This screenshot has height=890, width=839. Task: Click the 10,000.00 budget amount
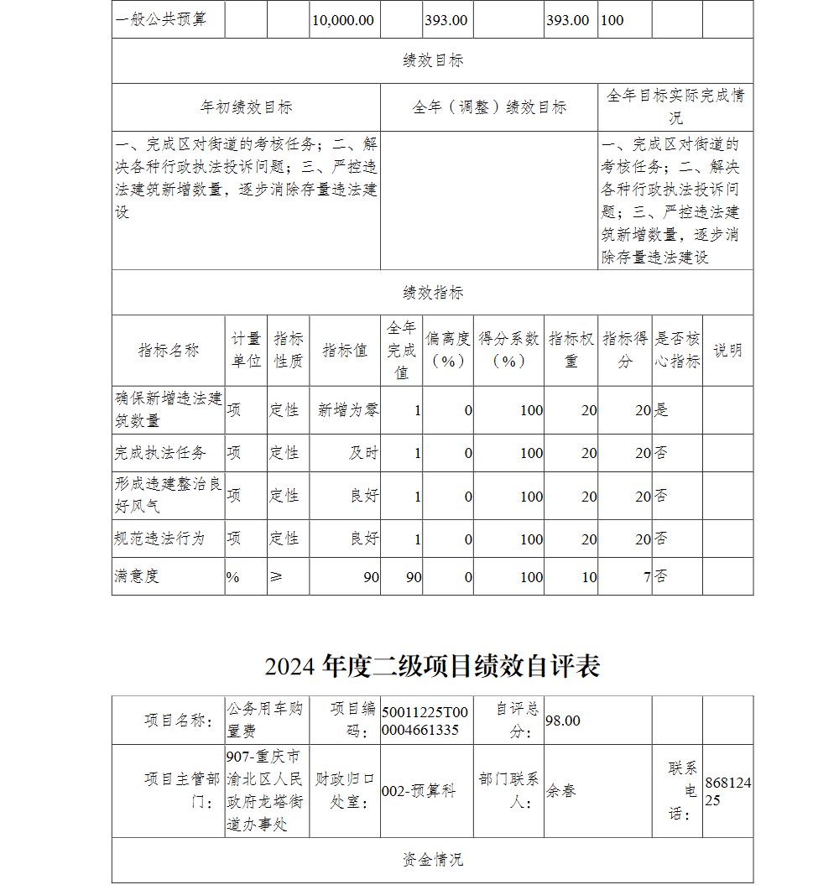pos(343,20)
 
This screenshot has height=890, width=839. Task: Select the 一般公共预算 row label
pos(160,20)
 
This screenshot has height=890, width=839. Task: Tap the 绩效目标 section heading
pos(432,60)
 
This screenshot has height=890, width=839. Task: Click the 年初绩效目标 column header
pos(246,107)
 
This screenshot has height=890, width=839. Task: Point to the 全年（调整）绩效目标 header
pos(489,107)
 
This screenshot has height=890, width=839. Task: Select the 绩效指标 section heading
pos(432,293)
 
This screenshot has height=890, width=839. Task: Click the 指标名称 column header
pos(169,351)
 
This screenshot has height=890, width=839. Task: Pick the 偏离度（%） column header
pos(448,350)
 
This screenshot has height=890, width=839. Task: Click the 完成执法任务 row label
pos(160,453)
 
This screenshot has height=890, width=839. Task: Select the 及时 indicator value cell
pos(364,453)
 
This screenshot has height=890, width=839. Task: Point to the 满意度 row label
pos(137,576)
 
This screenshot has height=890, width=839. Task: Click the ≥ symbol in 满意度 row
pos(275,576)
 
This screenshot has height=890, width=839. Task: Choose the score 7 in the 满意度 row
pos(646,577)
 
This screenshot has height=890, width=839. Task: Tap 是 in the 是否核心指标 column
pos(662,409)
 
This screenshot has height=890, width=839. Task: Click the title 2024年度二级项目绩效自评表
pos(432,666)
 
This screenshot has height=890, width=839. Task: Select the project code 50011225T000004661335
pos(425,721)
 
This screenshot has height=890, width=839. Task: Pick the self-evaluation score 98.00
pos(563,721)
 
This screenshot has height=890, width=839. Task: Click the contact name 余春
pos(561,791)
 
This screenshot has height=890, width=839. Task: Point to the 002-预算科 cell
pos(419,791)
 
